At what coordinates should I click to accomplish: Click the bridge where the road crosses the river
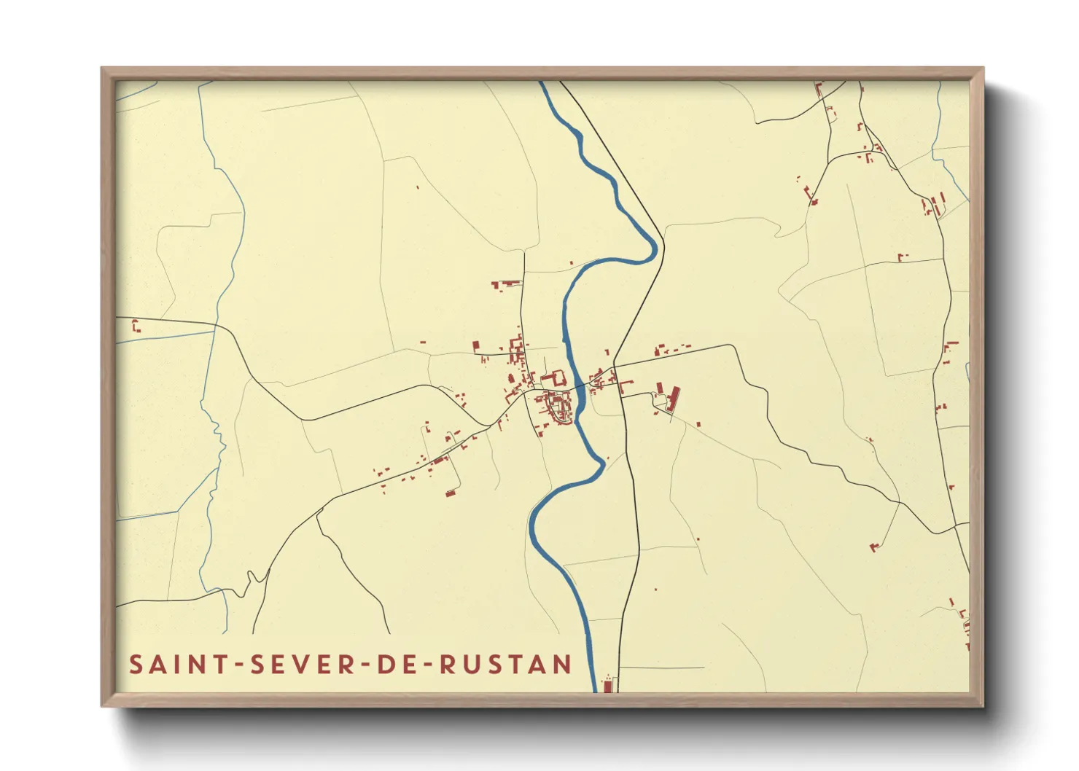tap(580, 386)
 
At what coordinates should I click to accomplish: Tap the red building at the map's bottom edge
tap(607, 685)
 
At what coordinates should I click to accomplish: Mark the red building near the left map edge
tap(136, 326)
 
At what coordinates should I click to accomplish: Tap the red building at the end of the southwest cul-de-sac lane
tap(451, 493)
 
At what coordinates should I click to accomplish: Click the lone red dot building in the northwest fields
tap(418, 187)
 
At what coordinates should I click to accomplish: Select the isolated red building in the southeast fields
tap(874, 547)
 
